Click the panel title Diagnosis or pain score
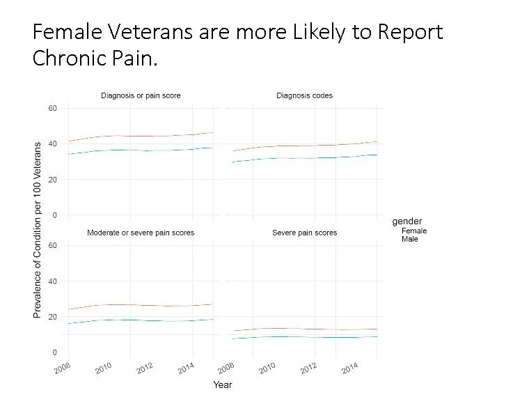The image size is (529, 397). (x=141, y=95)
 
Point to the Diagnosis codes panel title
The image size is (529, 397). (x=304, y=95)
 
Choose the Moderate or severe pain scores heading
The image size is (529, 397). (x=141, y=232)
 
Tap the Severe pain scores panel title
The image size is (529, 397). (x=304, y=232)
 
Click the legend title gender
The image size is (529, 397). (x=406, y=221)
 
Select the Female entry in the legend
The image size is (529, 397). (x=414, y=231)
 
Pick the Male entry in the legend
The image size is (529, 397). (x=410, y=239)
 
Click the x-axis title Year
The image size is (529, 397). (x=222, y=384)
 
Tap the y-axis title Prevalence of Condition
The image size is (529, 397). (x=38, y=229)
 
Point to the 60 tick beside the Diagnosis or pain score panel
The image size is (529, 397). (x=52, y=108)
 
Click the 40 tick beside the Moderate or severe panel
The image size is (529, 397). (x=52, y=281)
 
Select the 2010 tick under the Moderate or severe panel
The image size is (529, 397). (x=104, y=367)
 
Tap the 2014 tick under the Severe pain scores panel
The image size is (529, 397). (x=350, y=367)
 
